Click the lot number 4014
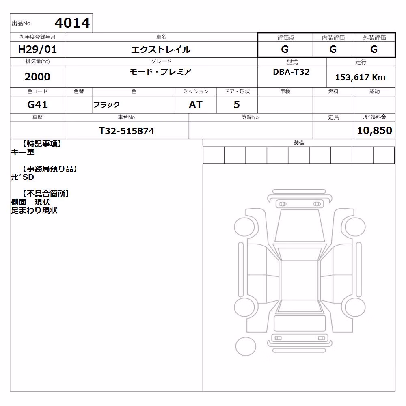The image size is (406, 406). (72, 23)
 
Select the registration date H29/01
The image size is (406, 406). (37, 49)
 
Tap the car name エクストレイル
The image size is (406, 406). (161, 50)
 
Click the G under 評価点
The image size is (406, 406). (285, 49)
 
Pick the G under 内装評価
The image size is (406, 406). (333, 49)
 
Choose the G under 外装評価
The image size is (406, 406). (374, 49)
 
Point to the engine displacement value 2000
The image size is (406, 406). (37, 77)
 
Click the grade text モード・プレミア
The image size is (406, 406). (161, 72)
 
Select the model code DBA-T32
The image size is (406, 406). (291, 72)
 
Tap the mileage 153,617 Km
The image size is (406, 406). (361, 77)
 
